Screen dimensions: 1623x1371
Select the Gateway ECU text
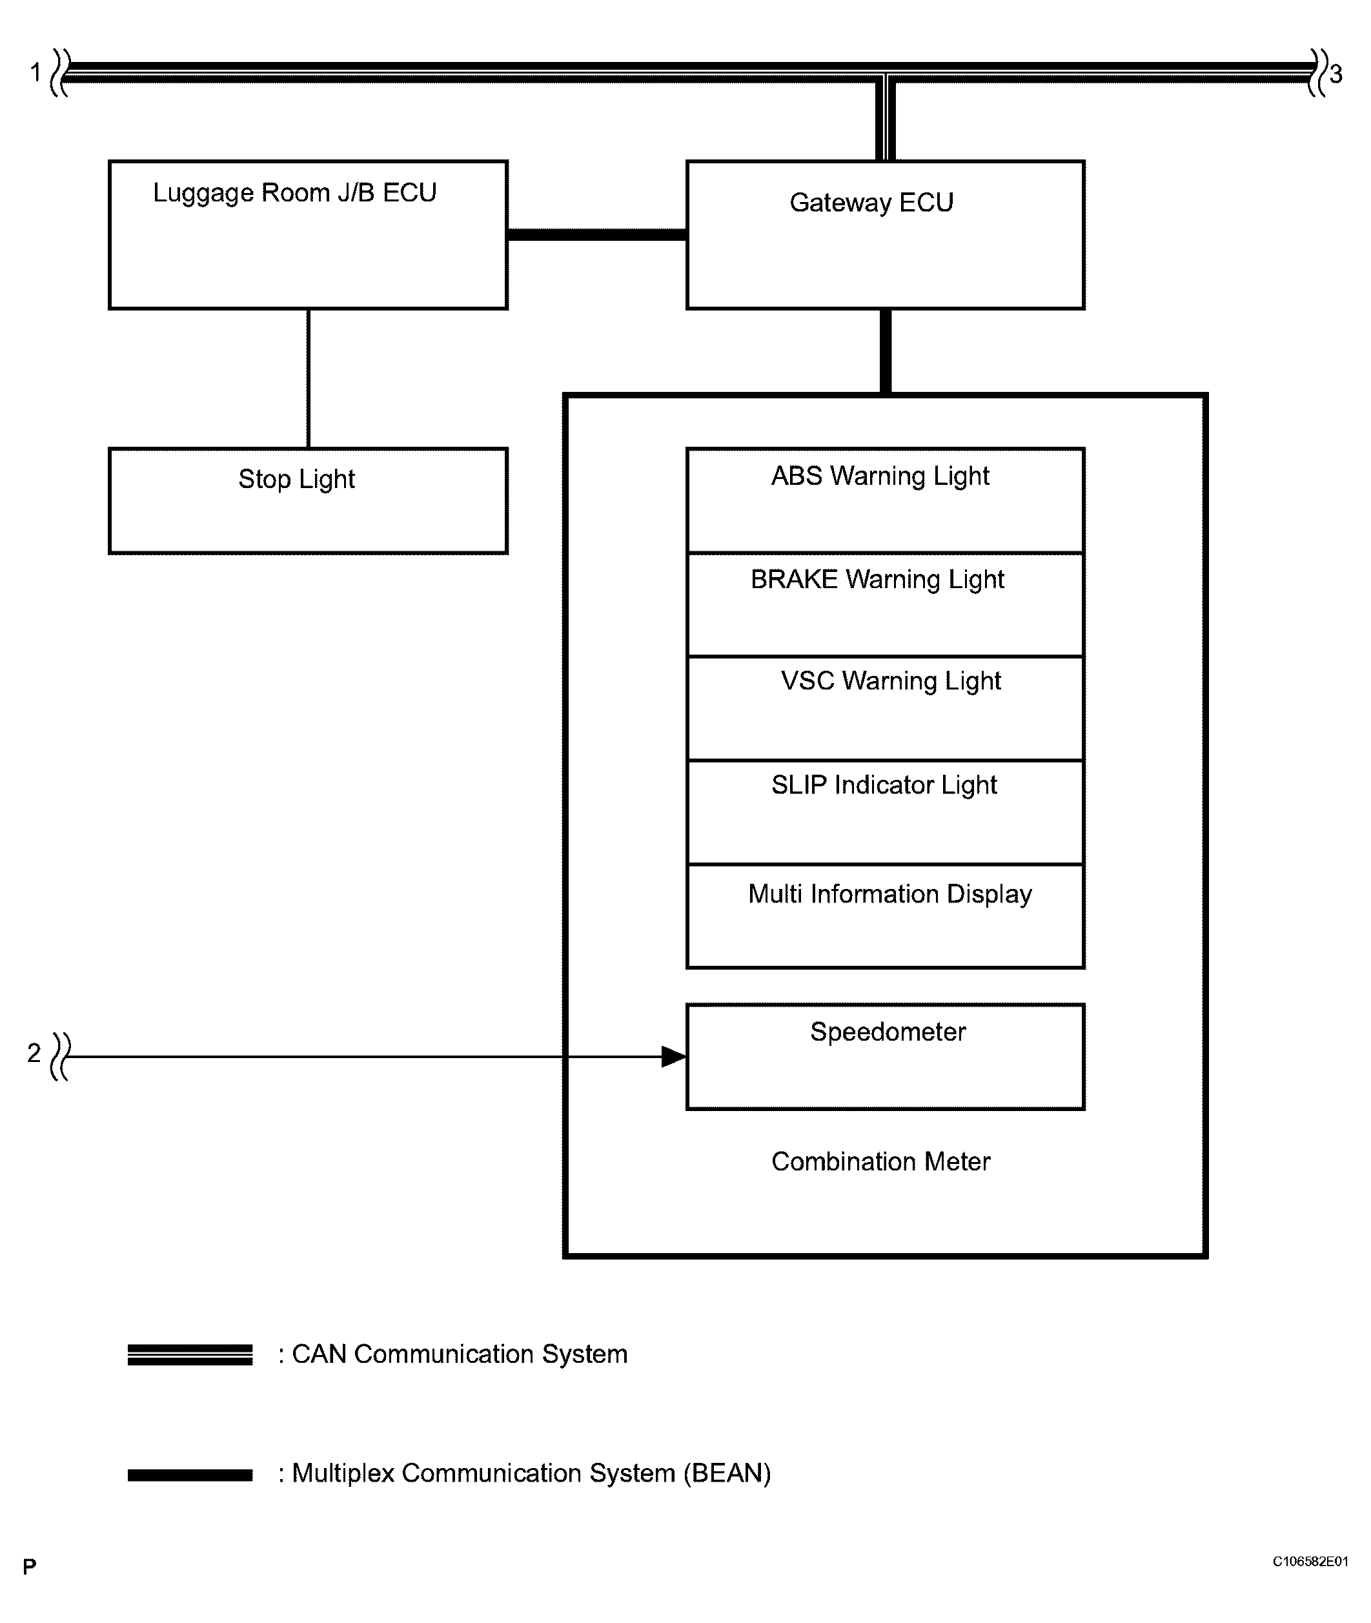871,203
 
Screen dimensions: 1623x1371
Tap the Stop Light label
296,479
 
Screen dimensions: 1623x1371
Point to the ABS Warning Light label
880,476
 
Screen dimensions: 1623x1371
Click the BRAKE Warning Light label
877,579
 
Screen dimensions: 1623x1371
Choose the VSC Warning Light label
890,681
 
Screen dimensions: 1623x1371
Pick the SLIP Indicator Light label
884,785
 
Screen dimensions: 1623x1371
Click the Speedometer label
888,1032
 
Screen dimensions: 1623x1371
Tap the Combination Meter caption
880,1161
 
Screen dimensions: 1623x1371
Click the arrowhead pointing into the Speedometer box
673,1056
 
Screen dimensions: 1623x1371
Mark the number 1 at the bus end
35,72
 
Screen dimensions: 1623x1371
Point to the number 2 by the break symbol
34,1052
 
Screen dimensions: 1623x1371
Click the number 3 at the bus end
1335,75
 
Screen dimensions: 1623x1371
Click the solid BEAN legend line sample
190,1475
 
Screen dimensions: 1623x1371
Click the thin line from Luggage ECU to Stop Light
309,378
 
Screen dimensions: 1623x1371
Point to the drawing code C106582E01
1310,1562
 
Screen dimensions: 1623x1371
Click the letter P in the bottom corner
30,1566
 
